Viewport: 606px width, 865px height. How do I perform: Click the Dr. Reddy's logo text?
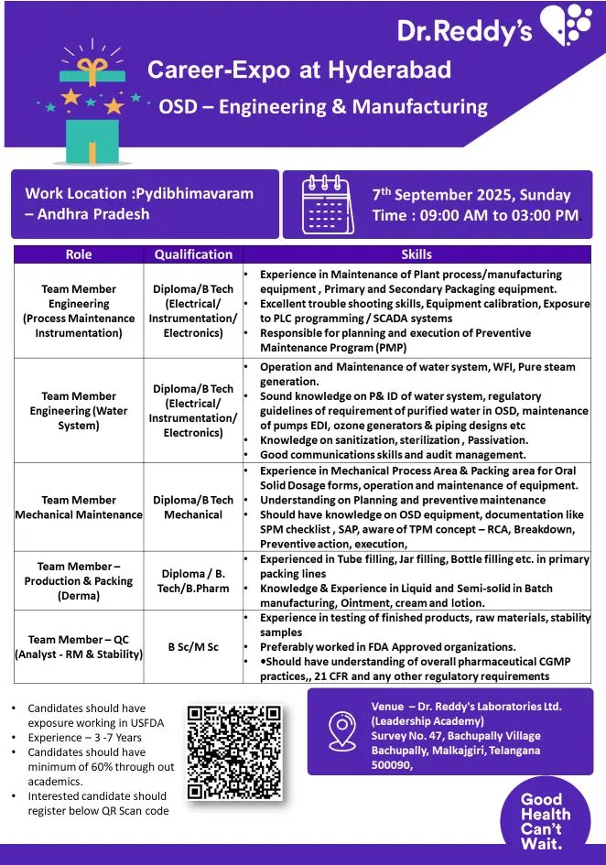(x=464, y=30)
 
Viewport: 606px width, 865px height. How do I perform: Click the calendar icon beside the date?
(x=328, y=204)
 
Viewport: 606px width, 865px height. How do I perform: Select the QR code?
(x=234, y=751)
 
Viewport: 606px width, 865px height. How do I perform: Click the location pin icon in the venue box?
(x=341, y=732)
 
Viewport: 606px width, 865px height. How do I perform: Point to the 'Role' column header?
(x=79, y=254)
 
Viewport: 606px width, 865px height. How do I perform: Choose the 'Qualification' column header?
(x=193, y=254)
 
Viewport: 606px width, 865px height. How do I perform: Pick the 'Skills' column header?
(x=417, y=254)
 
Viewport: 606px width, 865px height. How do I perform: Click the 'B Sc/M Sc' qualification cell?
(x=193, y=647)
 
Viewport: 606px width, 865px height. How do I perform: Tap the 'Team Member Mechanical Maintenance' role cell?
(x=79, y=507)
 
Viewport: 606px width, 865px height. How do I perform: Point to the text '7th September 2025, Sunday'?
(x=471, y=195)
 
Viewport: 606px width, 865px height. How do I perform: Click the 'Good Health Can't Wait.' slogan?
(x=546, y=820)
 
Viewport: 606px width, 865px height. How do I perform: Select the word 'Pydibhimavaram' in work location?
(x=193, y=193)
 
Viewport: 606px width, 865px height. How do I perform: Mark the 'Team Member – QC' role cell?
(x=79, y=647)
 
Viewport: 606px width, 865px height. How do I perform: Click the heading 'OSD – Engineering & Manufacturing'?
(x=323, y=106)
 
